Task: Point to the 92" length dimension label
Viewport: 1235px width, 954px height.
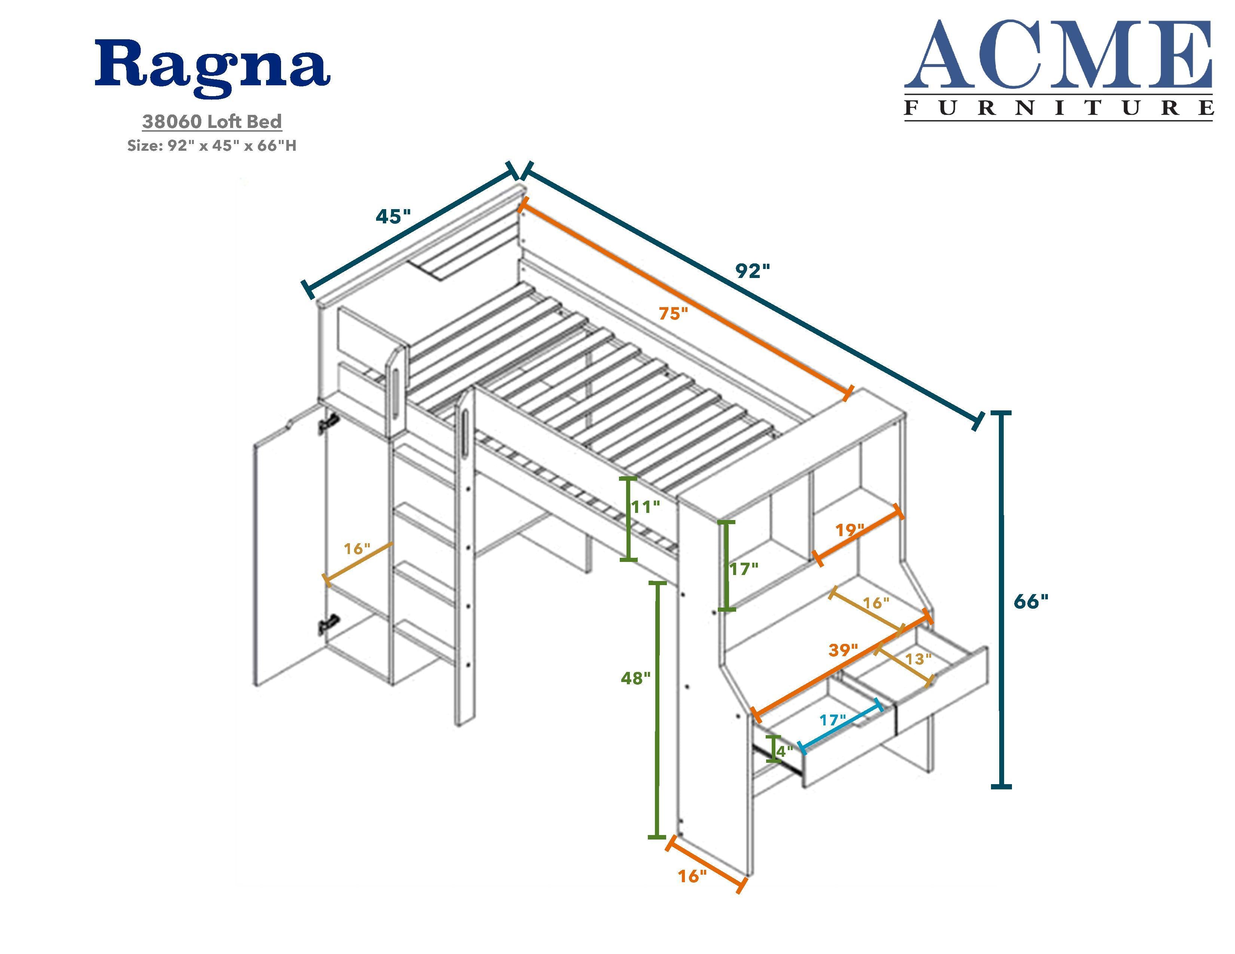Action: coord(753,271)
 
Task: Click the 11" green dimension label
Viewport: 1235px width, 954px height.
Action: coord(645,507)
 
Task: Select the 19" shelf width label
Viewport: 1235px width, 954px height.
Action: coord(850,530)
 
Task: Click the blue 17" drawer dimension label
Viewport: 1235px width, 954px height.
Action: coord(833,721)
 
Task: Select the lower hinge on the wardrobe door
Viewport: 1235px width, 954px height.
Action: coord(329,624)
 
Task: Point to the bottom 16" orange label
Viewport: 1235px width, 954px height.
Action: coord(693,876)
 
